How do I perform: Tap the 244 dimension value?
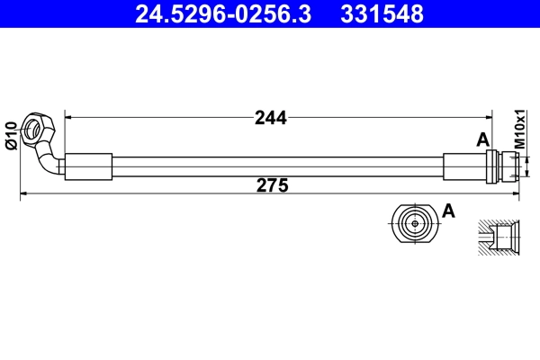pyautogui.click(x=270, y=117)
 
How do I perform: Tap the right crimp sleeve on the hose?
pyautogui.click(x=464, y=167)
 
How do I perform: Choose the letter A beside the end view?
pyautogui.click(x=449, y=211)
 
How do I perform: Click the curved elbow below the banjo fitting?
pyautogui.click(x=49, y=163)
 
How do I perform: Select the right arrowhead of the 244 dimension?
pyautogui.click(x=489, y=116)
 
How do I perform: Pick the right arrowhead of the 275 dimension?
pyautogui.click(x=517, y=193)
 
